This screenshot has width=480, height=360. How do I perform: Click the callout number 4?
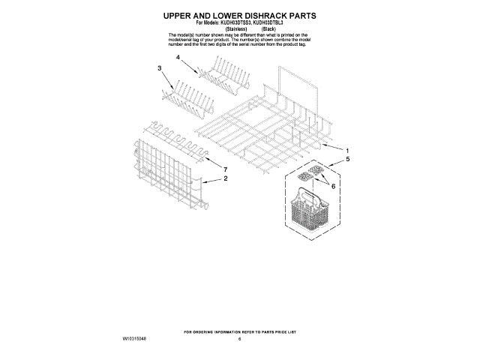[x=178, y=57]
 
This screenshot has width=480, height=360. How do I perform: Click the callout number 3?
[x=160, y=69]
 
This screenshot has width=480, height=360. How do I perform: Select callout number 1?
[x=346, y=150]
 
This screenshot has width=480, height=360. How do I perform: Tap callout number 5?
[x=346, y=160]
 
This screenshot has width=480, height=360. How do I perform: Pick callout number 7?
[x=224, y=169]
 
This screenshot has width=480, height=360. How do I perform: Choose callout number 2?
[x=225, y=179]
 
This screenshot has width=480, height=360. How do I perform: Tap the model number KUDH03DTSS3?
[x=229, y=22]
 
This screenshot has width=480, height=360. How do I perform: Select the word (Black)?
[x=267, y=28]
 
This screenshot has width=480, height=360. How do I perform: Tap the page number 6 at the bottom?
[x=240, y=340]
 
